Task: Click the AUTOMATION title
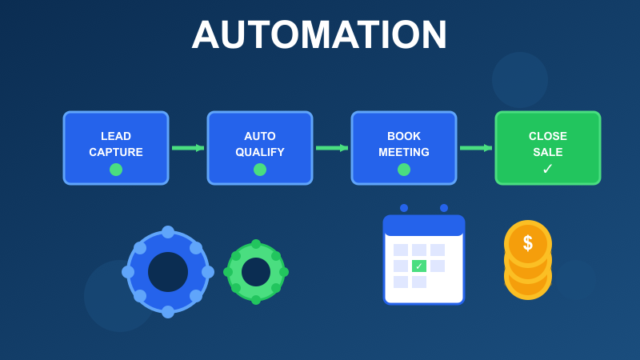pos(319,35)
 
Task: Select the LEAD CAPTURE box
pos(116,148)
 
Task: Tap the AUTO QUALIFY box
pos(260,148)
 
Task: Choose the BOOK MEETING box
pos(404,148)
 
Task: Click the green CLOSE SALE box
pos(548,148)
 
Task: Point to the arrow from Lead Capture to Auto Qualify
pos(188,148)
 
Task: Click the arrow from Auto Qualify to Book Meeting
pos(332,148)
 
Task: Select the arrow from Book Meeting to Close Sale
pos(476,148)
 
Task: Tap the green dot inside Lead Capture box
pos(116,170)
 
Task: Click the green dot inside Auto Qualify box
pos(260,170)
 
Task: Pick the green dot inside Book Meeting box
pos(404,170)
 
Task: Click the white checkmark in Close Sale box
pos(548,169)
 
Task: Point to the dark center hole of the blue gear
pos(168,272)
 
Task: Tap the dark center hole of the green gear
pos(256,272)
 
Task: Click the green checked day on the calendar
pos(419,266)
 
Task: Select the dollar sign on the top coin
pos(528,243)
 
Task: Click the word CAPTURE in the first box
pos(116,152)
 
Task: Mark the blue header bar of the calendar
pos(424,226)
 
